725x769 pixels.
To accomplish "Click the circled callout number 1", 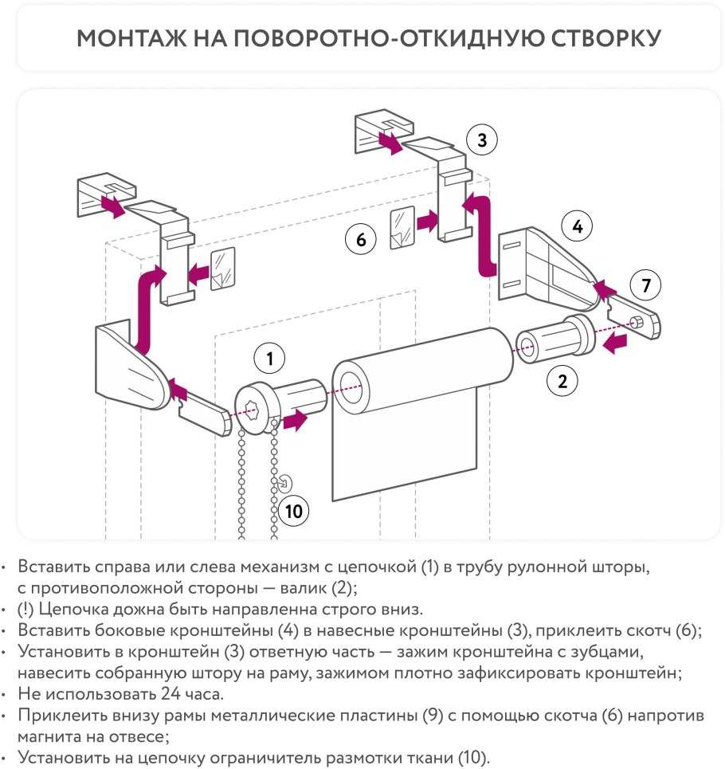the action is [269, 359].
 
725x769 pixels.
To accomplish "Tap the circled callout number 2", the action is [562, 381].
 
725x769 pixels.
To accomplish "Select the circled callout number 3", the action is [482, 139].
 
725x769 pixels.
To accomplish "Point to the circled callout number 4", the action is [578, 226].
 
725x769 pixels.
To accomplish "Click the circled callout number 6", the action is [361, 239].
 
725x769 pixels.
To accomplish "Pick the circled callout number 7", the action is [645, 285].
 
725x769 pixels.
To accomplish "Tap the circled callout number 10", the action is [294, 511].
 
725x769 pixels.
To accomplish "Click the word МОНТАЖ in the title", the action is [131, 38].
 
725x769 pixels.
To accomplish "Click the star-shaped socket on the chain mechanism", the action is [252, 409].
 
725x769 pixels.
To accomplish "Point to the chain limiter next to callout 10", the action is [284, 484].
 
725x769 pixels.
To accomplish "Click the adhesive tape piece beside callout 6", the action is [402, 228].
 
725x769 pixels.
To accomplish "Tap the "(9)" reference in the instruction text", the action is [433, 715].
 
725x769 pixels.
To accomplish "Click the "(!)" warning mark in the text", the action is [25, 609].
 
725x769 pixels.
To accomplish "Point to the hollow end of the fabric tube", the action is [350, 387].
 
